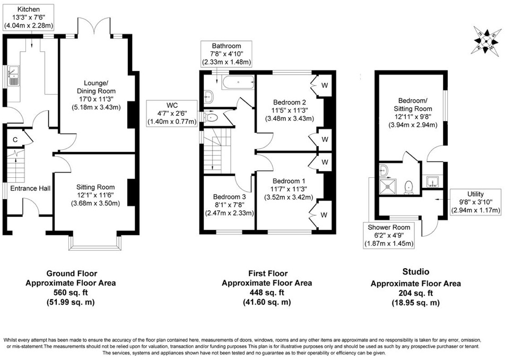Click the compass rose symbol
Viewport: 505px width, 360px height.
485,40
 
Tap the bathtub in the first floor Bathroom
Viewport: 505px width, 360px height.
237,82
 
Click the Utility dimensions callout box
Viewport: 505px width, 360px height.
475,202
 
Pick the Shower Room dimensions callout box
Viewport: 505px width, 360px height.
388,235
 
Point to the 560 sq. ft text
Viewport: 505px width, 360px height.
71,293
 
